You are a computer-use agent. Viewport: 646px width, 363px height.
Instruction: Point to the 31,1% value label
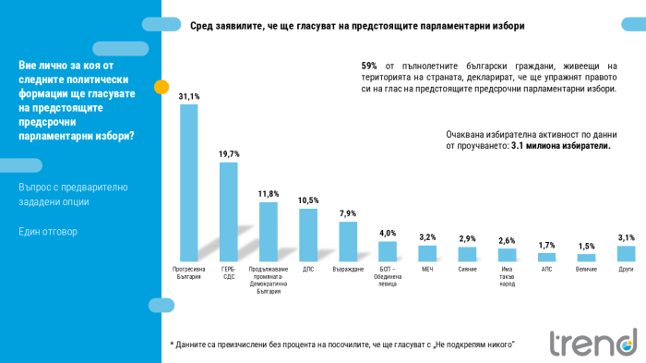[188, 96]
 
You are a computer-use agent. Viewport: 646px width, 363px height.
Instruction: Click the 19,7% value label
[228, 153]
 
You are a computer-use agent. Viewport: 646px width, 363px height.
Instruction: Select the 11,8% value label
[269, 194]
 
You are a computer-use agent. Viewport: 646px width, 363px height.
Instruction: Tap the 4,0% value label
[388, 234]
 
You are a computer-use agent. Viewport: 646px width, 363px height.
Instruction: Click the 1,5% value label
[587, 247]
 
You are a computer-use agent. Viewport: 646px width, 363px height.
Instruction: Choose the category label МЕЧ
[427, 270]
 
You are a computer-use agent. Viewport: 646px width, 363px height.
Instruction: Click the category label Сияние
[468, 270]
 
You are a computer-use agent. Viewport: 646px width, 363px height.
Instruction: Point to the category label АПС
[547, 270]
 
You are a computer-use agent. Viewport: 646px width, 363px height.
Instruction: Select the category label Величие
[587, 270]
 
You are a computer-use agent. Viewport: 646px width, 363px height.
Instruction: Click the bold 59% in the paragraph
[369, 67]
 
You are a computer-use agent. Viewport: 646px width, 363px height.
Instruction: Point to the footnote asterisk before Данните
[173, 344]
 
